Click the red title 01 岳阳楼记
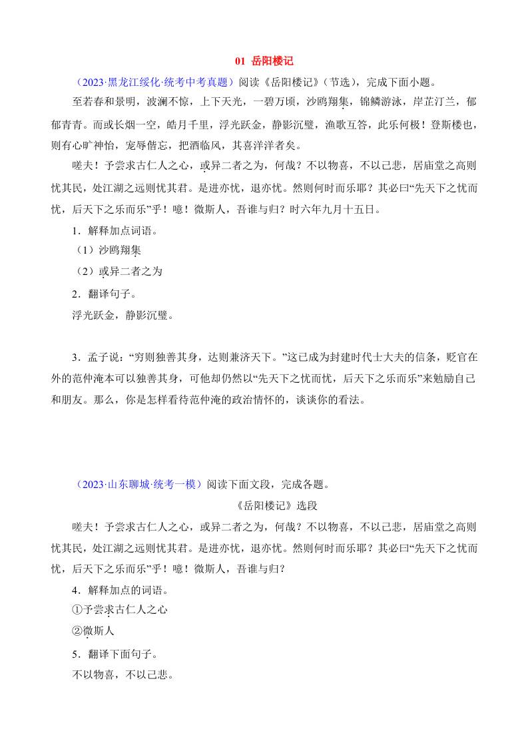point(264,61)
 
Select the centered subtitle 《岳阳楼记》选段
point(264,505)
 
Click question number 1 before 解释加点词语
point(75,231)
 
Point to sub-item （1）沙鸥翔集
point(107,250)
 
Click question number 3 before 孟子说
point(75,357)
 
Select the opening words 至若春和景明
point(104,102)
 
